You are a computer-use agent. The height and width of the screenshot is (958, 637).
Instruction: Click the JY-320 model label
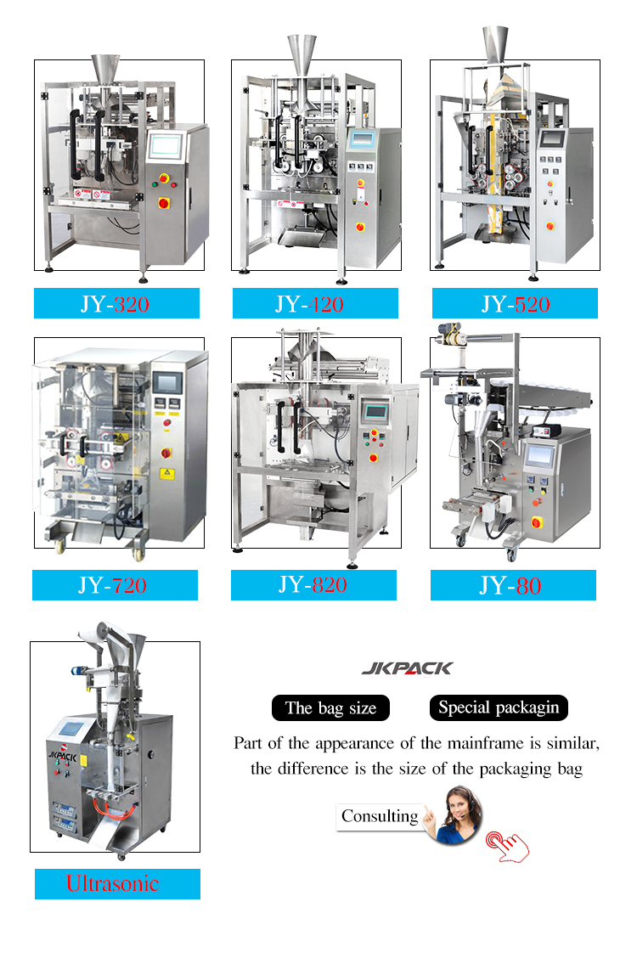116,303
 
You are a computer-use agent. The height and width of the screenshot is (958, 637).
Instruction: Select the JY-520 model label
515,303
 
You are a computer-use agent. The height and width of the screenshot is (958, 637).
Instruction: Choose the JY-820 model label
313,584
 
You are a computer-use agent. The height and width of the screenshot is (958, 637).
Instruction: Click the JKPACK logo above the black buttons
408,668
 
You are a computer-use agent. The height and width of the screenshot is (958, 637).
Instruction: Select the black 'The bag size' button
330,707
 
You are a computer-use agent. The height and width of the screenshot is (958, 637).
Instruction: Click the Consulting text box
380,816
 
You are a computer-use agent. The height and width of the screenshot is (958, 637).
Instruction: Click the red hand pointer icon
507,846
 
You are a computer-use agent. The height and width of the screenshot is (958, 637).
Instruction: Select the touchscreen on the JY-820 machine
375,411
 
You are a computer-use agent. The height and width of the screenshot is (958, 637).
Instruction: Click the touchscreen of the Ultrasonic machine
70,729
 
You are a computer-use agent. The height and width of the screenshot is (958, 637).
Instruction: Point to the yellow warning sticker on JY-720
166,474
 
